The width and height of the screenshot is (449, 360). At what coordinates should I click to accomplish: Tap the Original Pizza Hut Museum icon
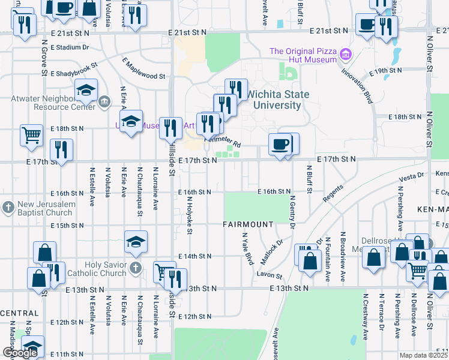[x=345, y=56]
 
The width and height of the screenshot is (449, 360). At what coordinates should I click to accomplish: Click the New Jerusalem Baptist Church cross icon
[x=7, y=208]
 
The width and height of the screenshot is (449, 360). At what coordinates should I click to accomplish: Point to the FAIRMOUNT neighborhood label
[x=248, y=224]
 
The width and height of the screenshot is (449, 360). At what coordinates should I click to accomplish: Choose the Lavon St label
[x=270, y=276]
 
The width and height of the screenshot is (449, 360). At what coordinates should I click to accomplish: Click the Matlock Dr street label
[x=272, y=253]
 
